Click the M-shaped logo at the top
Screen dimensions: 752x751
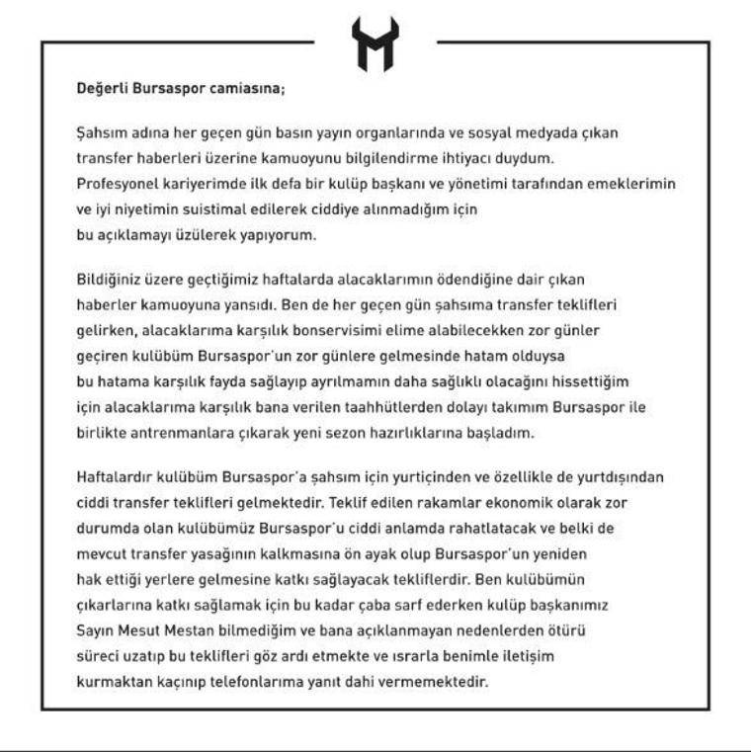point(375,44)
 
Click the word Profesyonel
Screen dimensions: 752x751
point(117,184)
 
